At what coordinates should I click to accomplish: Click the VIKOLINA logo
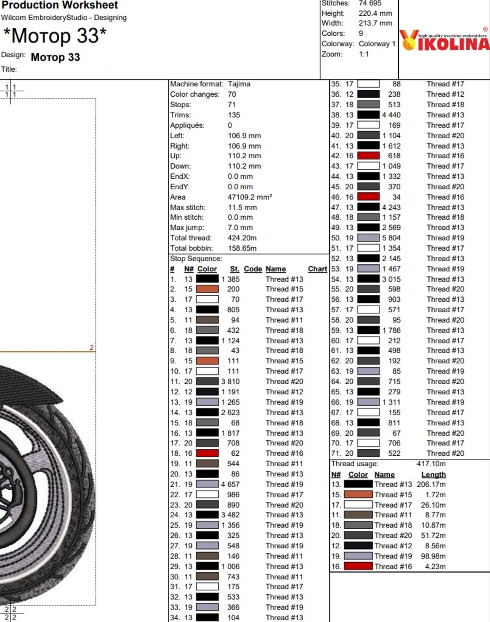coord(445,40)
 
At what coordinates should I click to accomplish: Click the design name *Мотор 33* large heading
coord(55,36)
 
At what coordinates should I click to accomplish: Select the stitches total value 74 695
coord(370,3)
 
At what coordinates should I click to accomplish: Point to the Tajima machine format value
coord(239,84)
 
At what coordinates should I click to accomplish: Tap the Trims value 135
coord(234,115)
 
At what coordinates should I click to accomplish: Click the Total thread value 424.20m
coord(242,238)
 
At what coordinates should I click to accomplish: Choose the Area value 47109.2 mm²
coord(249,197)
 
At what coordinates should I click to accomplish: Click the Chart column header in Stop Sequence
coord(317,269)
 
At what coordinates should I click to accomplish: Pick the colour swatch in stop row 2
coord(207,289)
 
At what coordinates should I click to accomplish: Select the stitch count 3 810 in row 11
coord(230,382)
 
